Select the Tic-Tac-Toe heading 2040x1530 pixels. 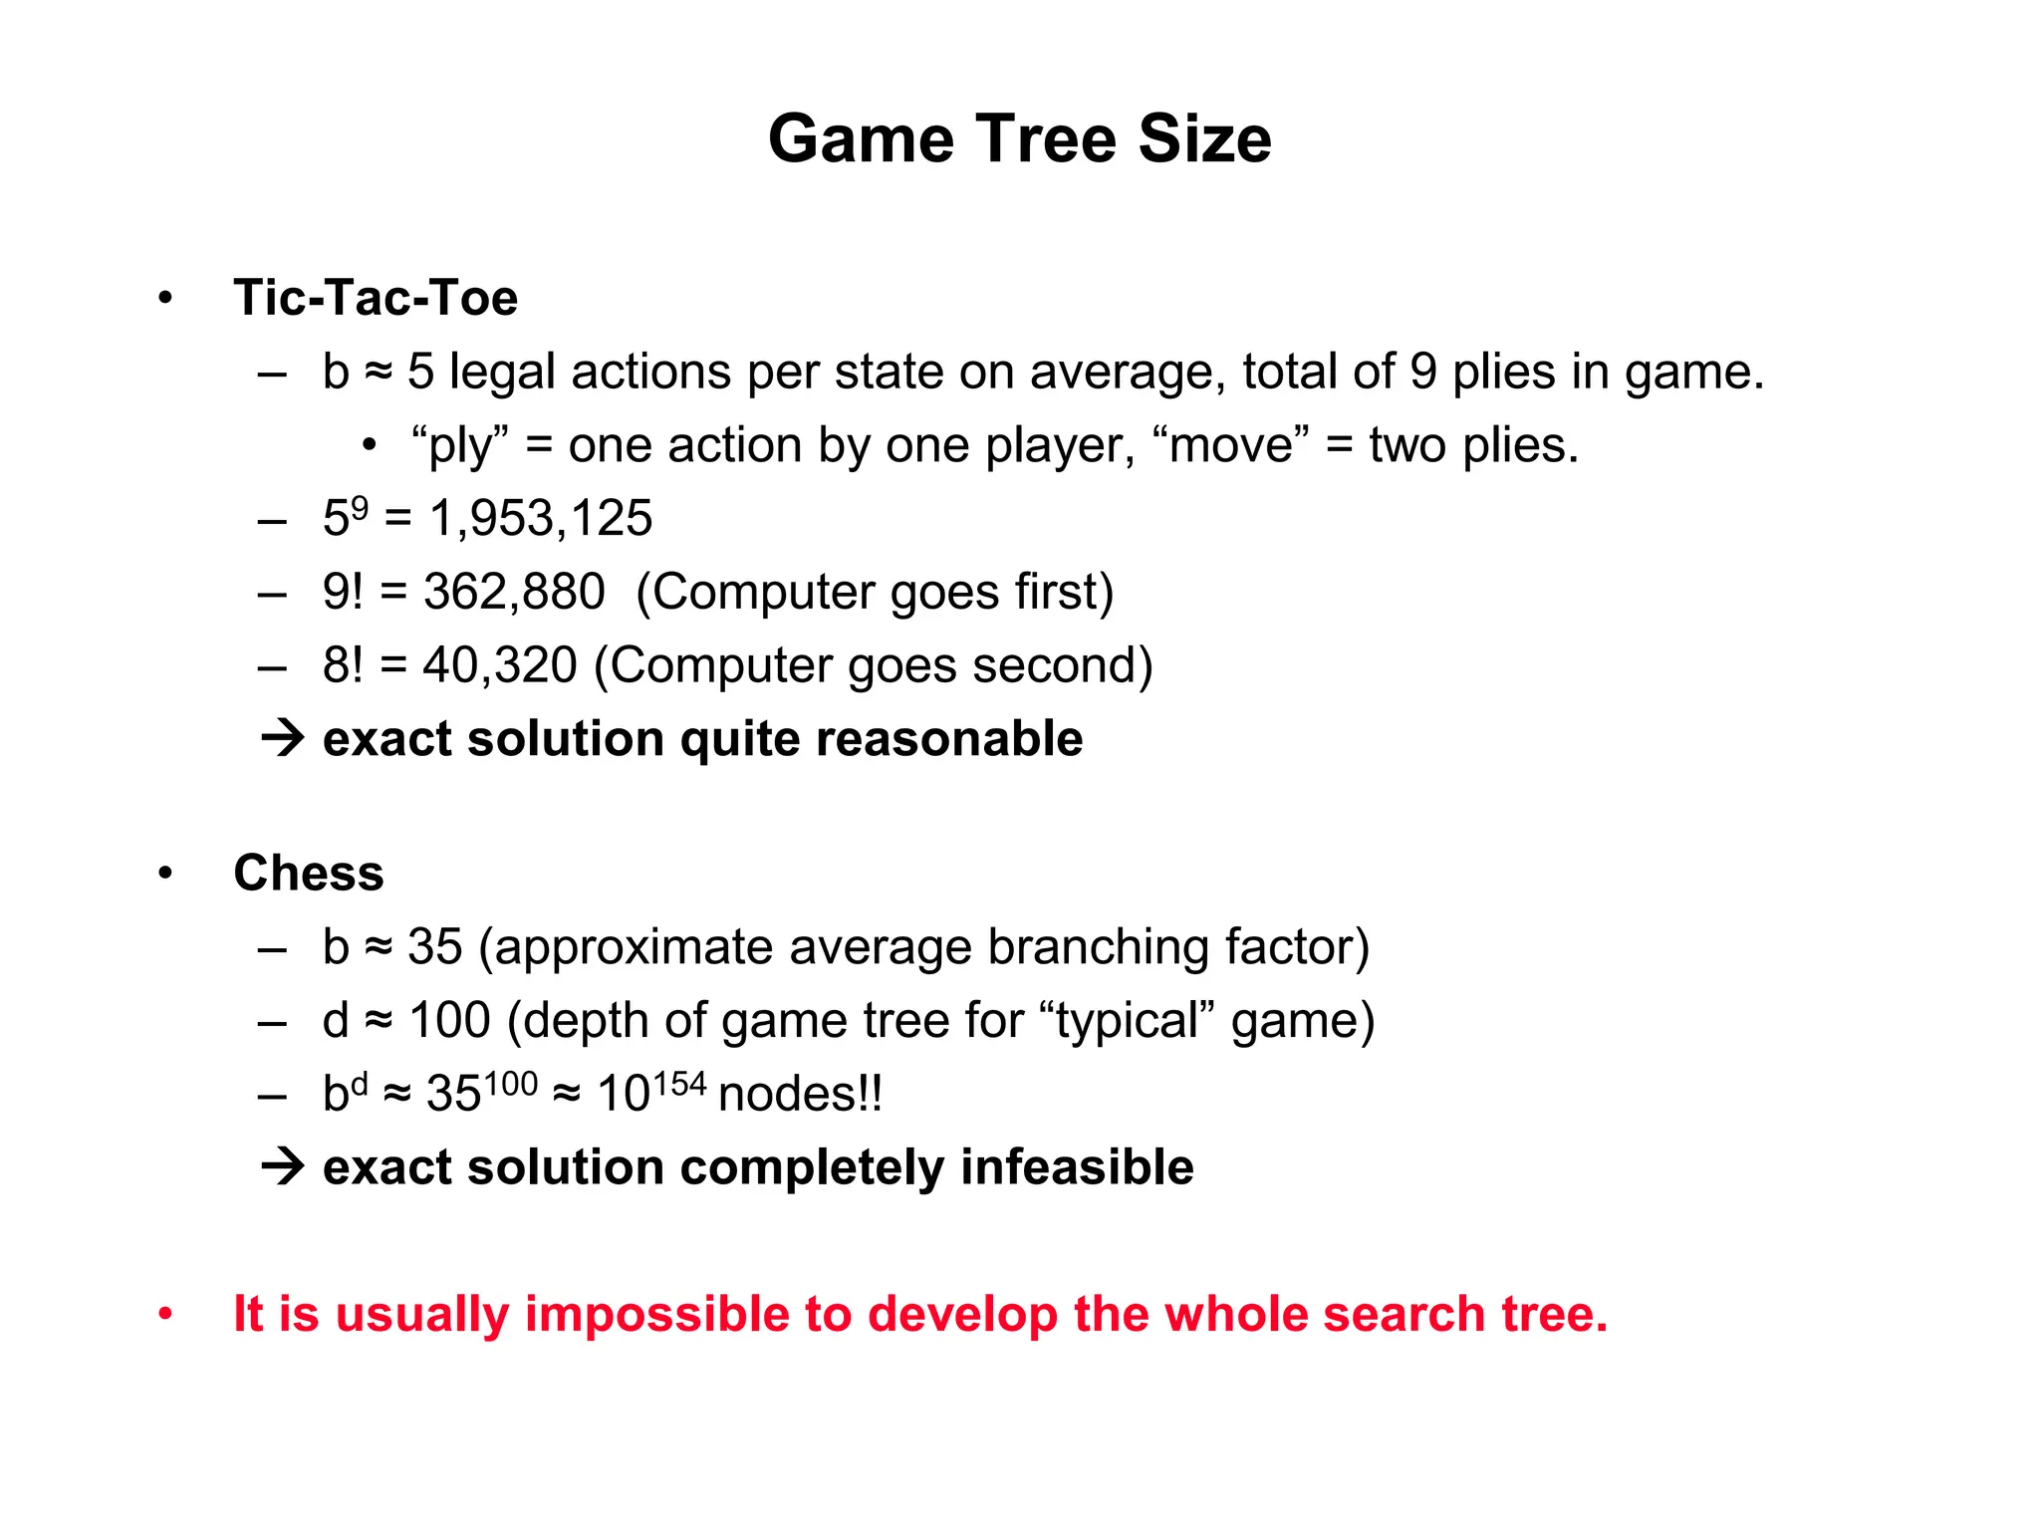[x=376, y=298]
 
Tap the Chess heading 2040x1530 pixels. [x=309, y=874]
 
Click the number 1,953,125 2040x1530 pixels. [x=541, y=518]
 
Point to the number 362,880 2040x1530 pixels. [x=514, y=592]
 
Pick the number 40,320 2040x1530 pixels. [x=500, y=665]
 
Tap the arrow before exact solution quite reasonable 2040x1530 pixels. [x=282, y=739]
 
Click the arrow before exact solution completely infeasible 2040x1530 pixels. [x=282, y=1167]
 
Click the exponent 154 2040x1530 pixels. [x=680, y=1084]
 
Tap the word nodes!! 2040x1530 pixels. [x=800, y=1094]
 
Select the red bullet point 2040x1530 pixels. [x=165, y=1315]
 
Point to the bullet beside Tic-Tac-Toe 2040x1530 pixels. [x=165, y=298]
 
